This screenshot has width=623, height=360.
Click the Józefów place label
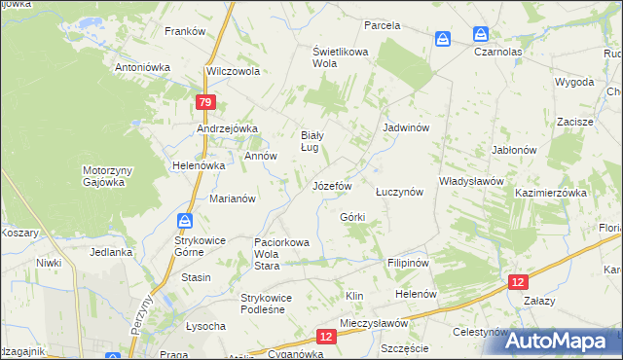[331, 185]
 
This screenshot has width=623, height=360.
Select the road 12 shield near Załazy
[519, 281]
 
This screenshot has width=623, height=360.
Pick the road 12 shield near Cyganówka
[326, 336]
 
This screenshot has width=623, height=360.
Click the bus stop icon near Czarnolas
[443, 38]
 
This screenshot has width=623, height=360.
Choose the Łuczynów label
[399, 192]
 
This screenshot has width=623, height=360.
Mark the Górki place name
[352, 216]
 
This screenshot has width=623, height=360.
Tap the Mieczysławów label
[374, 322]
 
